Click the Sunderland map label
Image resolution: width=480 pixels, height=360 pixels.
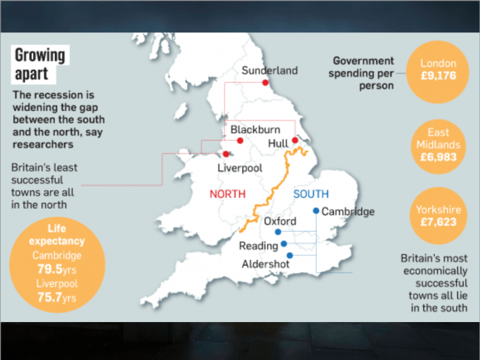click(269, 70)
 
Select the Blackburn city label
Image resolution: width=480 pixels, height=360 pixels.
click(254, 129)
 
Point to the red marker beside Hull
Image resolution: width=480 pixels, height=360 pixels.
click(295, 140)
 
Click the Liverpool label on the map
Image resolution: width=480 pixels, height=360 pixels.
click(240, 168)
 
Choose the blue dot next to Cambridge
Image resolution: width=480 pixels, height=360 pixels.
click(316, 211)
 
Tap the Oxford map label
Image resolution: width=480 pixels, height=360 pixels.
click(280, 221)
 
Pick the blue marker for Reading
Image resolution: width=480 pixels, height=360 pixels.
click(284, 244)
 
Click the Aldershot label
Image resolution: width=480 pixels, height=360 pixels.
click(265, 264)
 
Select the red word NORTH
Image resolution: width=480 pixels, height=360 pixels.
click(228, 194)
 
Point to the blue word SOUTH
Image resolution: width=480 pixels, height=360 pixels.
click(311, 194)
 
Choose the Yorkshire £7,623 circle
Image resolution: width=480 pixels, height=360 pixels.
click(438, 216)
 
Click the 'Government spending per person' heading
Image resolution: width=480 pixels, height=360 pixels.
click(363, 73)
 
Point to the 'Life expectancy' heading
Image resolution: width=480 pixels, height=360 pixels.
click(57, 235)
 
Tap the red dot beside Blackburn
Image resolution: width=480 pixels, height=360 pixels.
click(240, 140)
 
